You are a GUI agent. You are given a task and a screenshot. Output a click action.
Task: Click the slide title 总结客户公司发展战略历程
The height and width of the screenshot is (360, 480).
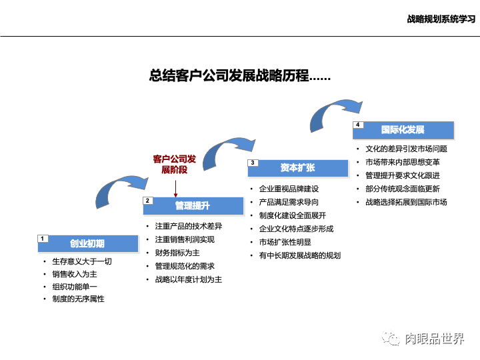point(240,75)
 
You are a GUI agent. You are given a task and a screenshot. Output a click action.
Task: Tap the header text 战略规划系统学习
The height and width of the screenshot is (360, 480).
point(441,19)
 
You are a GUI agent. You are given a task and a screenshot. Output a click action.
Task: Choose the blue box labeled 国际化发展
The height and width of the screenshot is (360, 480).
point(403,129)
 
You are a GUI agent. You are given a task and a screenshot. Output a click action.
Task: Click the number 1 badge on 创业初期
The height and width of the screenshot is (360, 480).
point(41,238)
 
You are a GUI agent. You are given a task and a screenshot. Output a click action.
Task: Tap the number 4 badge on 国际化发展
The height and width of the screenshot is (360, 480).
point(358,125)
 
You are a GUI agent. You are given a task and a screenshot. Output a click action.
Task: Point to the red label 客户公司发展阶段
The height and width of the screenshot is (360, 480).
point(175,164)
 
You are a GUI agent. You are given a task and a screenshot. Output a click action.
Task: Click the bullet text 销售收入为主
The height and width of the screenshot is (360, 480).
point(75,274)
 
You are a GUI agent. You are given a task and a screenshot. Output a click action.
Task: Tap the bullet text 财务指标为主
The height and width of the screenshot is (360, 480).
point(177,253)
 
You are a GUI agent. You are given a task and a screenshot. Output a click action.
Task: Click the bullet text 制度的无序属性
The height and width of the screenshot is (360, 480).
point(79,299)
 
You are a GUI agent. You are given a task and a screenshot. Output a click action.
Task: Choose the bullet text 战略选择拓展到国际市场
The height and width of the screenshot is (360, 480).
point(406,202)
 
